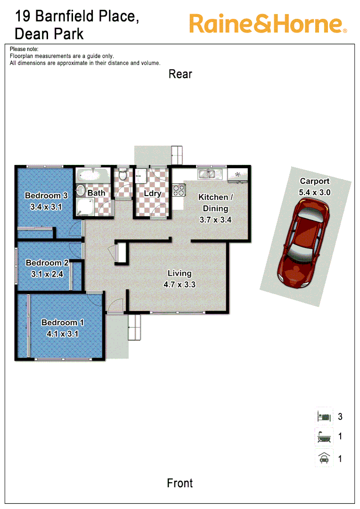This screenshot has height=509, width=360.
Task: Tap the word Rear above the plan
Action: (180, 74)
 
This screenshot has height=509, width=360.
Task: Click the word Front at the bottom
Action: (180, 483)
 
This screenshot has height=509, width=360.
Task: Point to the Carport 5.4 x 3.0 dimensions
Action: (315, 192)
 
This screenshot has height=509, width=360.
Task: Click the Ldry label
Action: (153, 193)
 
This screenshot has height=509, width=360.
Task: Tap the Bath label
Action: (96, 193)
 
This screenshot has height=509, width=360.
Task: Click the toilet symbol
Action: (123, 176)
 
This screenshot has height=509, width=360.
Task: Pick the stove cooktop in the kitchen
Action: (179, 190)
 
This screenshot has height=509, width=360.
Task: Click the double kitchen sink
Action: (207, 175)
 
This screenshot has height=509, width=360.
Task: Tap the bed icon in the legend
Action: (323, 417)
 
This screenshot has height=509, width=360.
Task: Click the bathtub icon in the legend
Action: (323, 437)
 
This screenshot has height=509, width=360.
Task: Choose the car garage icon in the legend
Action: (323, 458)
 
